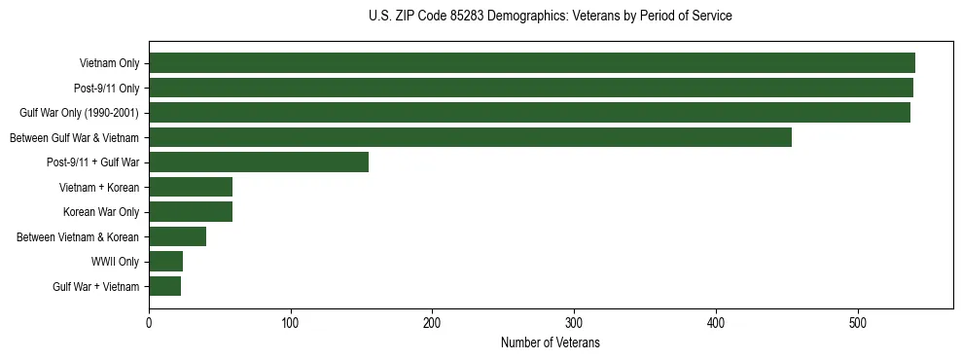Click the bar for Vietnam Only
tap(531, 63)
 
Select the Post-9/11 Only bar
tap(530, 89)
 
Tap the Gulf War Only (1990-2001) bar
tap(529, 113)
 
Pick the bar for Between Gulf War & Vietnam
tap(470, 137)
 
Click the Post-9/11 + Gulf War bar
tap(259, 162)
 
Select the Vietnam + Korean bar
tap(191, 187)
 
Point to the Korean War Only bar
tap(191, 212)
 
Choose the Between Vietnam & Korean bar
tap(177, 236)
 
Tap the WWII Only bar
tap(165, 262)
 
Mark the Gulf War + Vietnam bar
tap(164, 286)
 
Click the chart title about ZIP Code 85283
tap(551, 17)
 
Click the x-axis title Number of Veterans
tap(551, 343)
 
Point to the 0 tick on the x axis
tap(149, 323)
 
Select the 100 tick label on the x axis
tap(290, 323)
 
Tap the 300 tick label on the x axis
tap(574, 323)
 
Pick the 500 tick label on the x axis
tap(858, 323)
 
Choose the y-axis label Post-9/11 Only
tap(106, 89)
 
